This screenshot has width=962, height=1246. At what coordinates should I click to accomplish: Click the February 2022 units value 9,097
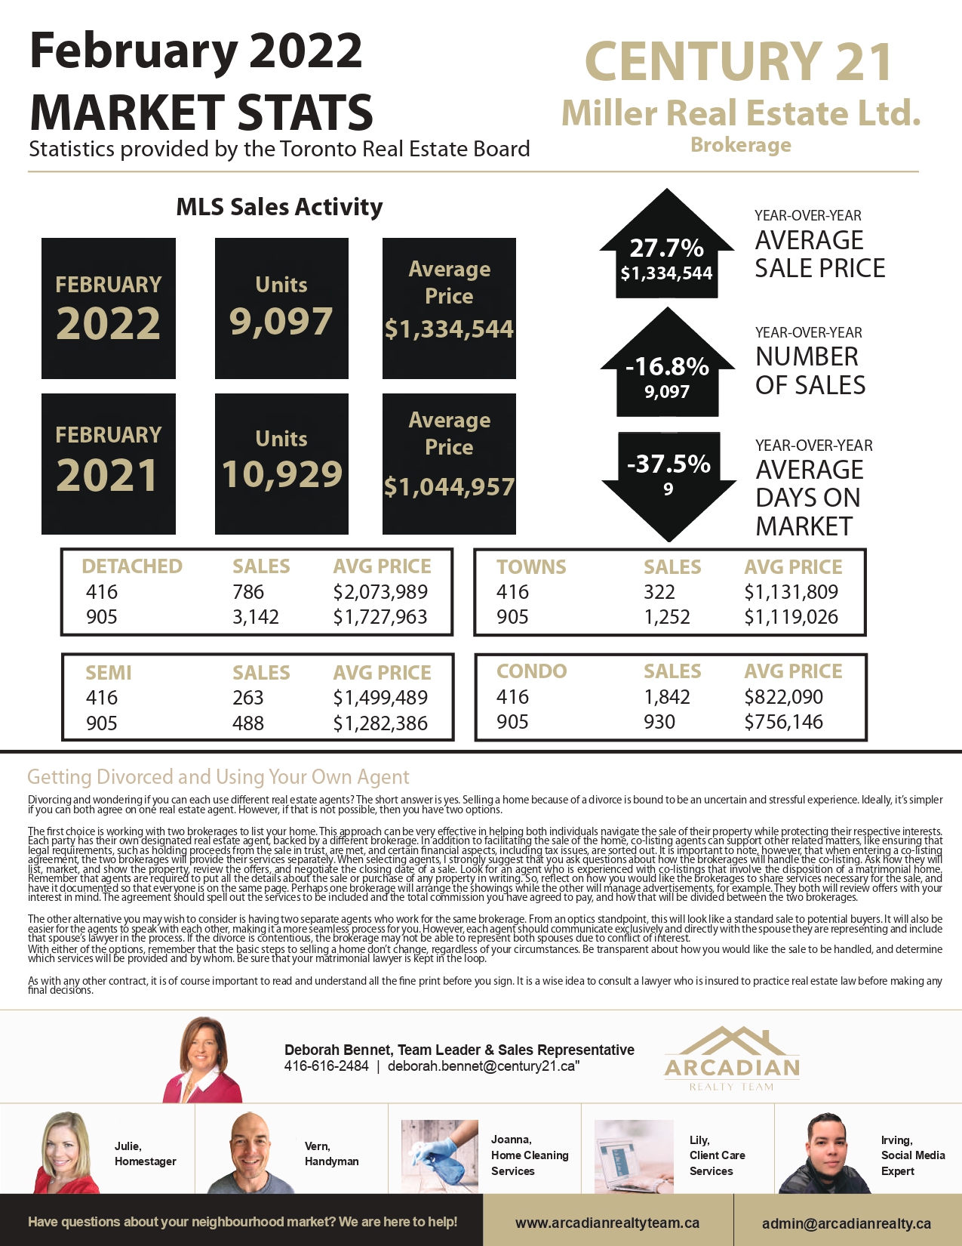coord(281,322)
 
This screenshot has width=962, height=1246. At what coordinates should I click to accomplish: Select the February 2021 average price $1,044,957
coord(449,487)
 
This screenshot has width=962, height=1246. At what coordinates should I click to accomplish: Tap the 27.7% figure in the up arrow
coord(666,248)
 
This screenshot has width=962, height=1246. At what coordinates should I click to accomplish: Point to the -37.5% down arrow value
coord(668,464)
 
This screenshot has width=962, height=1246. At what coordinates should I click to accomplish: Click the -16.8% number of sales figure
coord(667,367)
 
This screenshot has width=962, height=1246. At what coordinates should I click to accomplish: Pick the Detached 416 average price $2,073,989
coord(380,592)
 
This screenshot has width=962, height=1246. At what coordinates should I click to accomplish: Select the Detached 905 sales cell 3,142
coord(256,617)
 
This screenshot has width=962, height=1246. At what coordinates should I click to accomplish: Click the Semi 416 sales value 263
coord(248,698)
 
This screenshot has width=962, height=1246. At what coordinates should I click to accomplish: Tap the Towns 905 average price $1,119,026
coord(791,617)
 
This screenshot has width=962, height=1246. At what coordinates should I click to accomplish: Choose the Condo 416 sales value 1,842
coord(667,697)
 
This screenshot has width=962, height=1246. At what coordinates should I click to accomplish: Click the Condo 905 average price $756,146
coord(783,722)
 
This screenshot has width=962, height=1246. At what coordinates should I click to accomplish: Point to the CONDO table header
coord(531,671)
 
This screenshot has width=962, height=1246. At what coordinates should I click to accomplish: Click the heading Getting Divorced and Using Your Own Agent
coord(218,777)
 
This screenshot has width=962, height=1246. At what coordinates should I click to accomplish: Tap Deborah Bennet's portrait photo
coord(202,1059)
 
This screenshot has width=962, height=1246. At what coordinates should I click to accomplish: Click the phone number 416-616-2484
coord(326,1066)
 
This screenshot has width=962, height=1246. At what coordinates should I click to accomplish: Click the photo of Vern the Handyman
coord(250,1152)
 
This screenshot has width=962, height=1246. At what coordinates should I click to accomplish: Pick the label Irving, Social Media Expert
coord(912,1155)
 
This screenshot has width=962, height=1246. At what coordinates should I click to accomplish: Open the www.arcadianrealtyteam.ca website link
coord(607,1223)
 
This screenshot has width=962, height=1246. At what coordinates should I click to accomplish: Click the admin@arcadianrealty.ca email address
coord(846,1223)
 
